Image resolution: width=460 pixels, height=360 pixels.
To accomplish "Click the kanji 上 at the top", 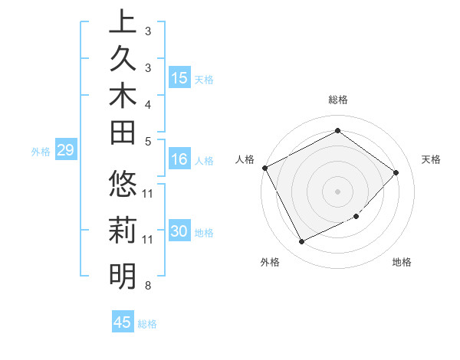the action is click(x=123, y=21).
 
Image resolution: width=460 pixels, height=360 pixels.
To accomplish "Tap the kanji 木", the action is click(x=123, y=98).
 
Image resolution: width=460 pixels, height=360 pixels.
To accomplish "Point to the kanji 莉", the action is click(x=123, y=231).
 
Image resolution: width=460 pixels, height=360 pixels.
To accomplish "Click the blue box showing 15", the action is click(x=179, y=78).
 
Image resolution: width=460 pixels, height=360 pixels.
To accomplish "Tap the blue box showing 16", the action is click(x=179, y=159).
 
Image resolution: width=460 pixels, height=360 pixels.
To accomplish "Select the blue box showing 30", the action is click(x=179, y=231).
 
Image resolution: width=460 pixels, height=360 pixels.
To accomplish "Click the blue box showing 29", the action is click(x=65, y=150).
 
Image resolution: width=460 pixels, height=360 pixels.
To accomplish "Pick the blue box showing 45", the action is click(x=123, y=322).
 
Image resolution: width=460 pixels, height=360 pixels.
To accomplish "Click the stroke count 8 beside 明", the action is click(x=147, y=286).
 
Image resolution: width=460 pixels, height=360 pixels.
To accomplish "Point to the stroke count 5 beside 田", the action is click(x=147, y=141).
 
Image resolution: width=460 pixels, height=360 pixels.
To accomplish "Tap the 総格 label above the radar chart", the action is click(x=338, y=100).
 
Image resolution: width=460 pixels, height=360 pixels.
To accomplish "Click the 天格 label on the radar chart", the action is click(x=431, y=159).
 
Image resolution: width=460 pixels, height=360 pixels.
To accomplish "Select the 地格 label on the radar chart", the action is click(x=402, y=263).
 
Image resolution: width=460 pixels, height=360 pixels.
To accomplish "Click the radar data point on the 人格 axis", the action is click(x=264, y=168).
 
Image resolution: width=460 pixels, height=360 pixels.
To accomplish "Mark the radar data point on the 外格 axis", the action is click(x=301, y=242).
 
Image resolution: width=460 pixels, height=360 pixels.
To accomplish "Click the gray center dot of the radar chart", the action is click(x=338, y=191).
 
